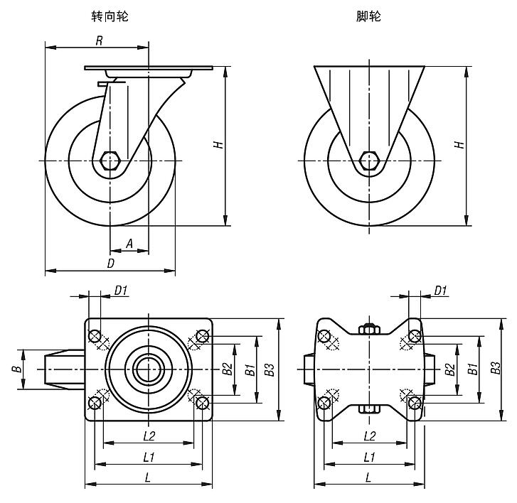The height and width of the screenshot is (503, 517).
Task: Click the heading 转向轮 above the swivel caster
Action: [111, 16]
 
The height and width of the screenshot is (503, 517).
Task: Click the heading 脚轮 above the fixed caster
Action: [369, 16]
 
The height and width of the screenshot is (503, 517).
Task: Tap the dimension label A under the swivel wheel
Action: [129, 243]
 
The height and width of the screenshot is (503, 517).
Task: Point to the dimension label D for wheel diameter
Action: [110, 263]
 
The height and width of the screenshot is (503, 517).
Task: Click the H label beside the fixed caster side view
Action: [460, 144]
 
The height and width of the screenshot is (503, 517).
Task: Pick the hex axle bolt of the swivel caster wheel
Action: [110, 161]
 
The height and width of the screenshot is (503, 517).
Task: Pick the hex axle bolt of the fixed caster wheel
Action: [369, 161]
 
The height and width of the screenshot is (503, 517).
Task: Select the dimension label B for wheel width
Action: [16, 369]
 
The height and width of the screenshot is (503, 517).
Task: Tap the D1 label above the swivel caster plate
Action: [121, 289]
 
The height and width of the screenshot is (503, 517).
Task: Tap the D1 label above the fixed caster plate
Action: [440, 289]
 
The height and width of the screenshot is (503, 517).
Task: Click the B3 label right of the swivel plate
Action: [269, 369]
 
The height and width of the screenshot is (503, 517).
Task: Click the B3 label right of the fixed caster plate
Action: [496, 368]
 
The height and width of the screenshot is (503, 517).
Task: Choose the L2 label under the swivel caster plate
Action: [149, 436]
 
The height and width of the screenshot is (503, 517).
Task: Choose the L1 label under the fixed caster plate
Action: [369, 457]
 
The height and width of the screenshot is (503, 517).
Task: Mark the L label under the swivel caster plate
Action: [148, 477]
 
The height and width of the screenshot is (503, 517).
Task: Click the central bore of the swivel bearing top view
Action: [148, 369]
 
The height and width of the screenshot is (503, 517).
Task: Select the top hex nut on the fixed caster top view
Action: [369, 328]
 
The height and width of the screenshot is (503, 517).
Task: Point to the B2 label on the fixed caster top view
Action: [449, 369]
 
